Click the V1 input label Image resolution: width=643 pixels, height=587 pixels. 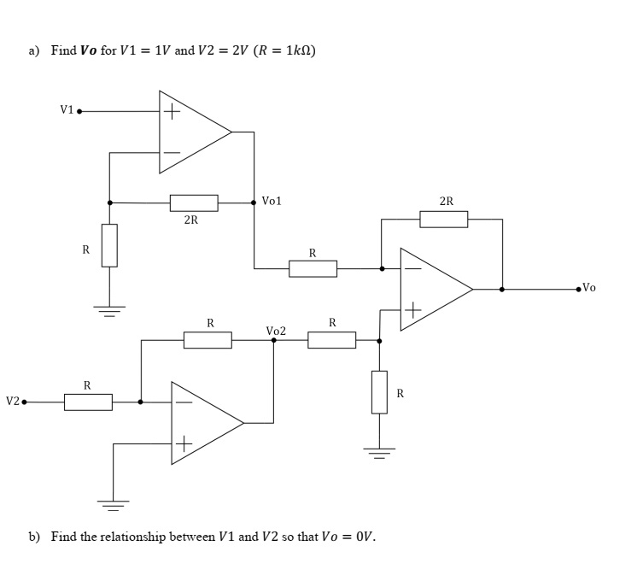[x=66, y=109]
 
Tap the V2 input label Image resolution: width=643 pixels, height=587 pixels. [x=12, y=401]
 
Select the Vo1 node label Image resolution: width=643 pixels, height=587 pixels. [x=272, y=201]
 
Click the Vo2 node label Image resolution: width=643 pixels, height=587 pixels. [x=276, y=330]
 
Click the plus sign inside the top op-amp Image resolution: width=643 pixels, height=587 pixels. [x=172, y=111]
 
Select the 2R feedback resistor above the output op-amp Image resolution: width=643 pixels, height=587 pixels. [x=443, y=219]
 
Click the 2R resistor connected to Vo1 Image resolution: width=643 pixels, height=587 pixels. [x=194, y=203]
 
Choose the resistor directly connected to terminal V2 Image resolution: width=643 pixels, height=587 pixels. [x=88, y=402]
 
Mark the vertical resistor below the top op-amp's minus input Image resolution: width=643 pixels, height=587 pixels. [x=109, y=245]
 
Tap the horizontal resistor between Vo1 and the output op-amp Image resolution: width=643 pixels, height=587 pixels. [x=313, y=268]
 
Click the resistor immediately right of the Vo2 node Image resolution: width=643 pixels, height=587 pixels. [x=331, y=340]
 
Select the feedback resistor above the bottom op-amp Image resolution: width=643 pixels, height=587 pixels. [x=208, y=340]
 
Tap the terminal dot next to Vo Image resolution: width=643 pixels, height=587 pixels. [x=578, y=289]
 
